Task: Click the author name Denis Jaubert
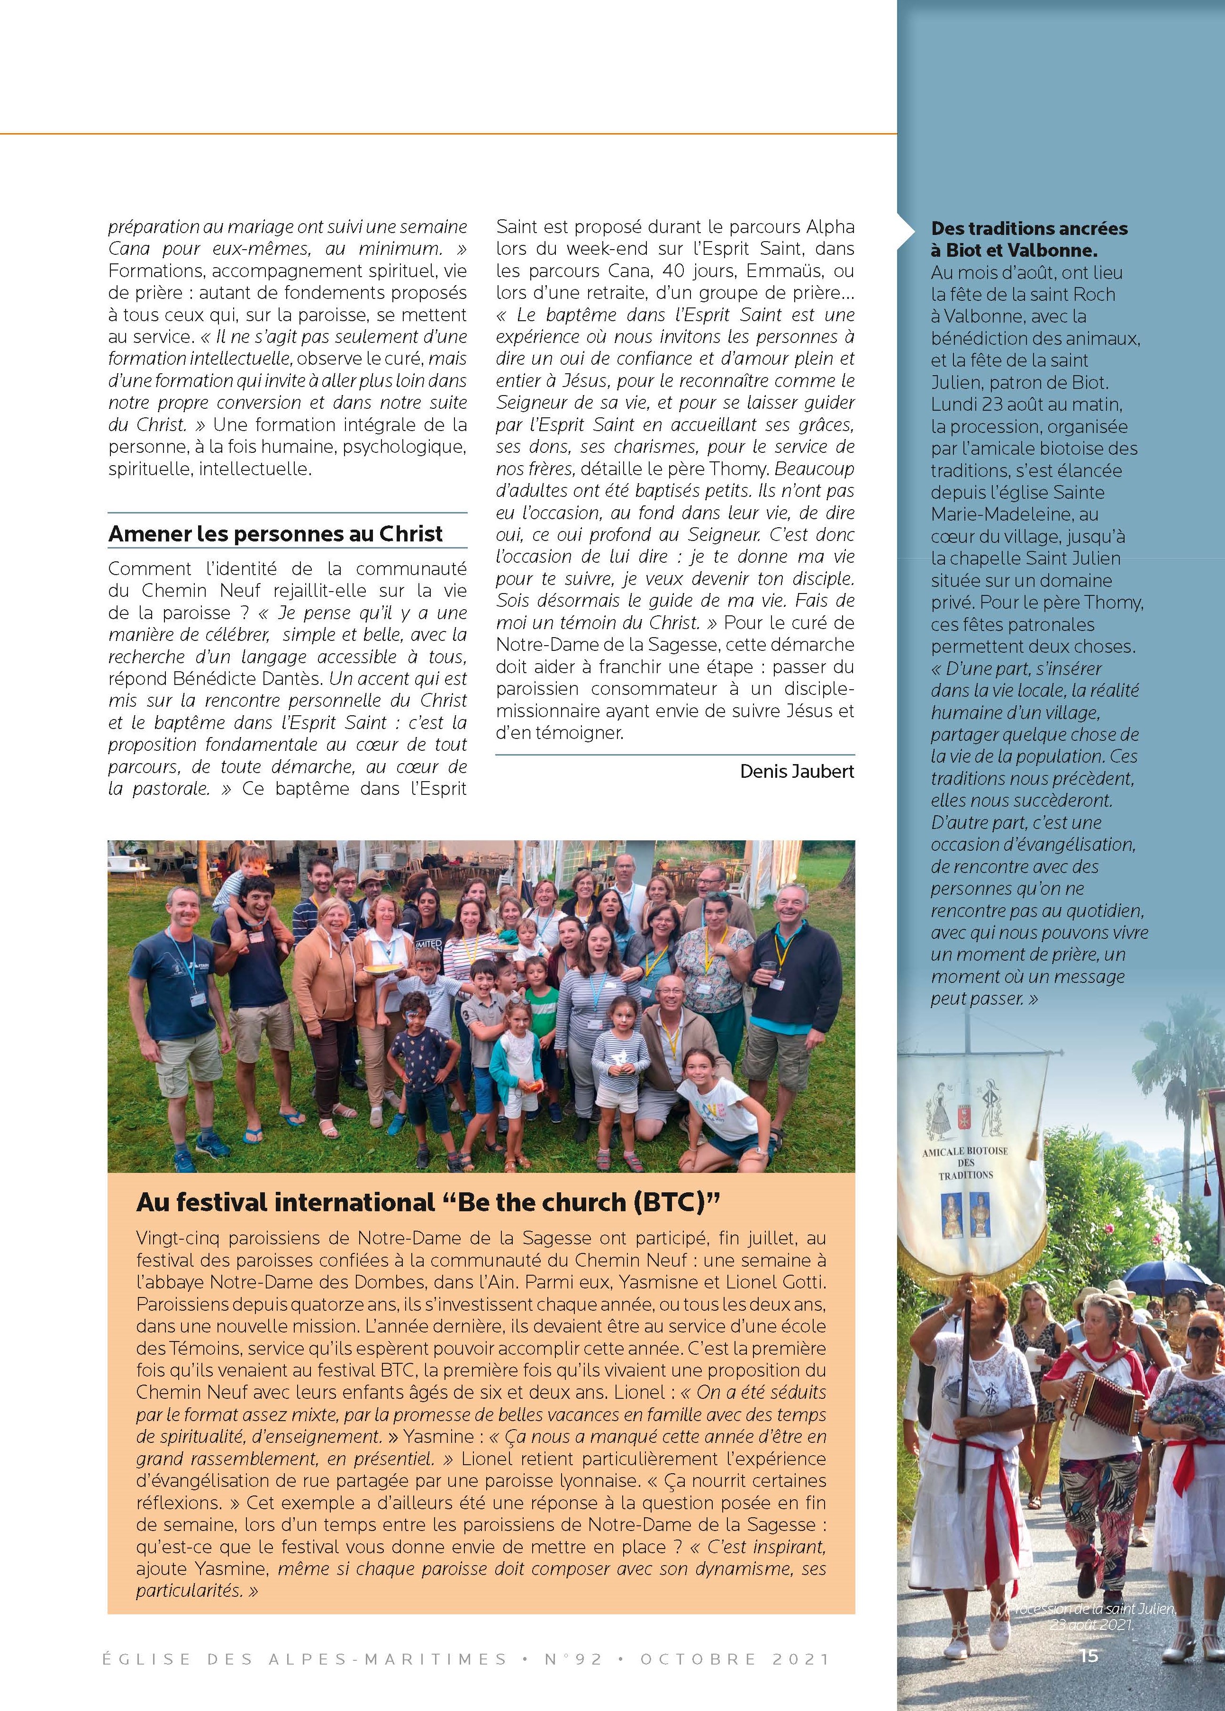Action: click(x=797, y=772)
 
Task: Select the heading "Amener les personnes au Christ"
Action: click(x=275, y=534)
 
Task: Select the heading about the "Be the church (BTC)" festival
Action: click(x=425, y=1202)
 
